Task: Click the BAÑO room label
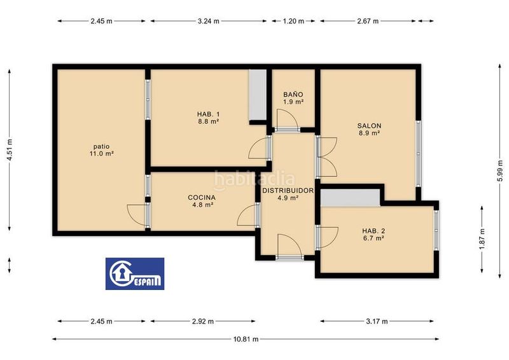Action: click(293, 95)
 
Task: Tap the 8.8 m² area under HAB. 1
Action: click(209, 121)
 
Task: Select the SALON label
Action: click(370, 126)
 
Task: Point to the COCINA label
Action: click(202, 197)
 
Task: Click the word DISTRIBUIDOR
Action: click(288, 191)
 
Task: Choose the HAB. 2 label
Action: click(373, 231)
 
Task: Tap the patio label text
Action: click(102, 146)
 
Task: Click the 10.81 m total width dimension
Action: click(246, 339)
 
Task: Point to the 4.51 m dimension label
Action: click(10, 149)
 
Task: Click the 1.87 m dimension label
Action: click(482, 239)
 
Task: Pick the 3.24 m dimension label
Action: click(209, 21)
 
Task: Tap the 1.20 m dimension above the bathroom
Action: click(293, 21)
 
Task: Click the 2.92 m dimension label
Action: click(203, 321)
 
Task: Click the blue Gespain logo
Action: click(135, 273)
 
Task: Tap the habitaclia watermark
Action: click(254, 179)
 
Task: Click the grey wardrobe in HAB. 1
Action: click(258, 95)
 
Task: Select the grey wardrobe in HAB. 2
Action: click(351, 198)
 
